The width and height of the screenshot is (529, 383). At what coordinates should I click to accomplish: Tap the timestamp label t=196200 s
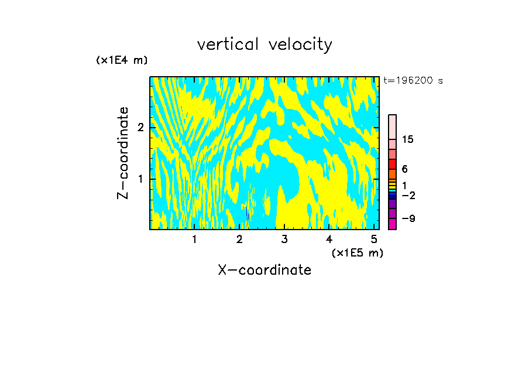(413, 81)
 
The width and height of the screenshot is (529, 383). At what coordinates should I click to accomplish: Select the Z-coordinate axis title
(123, 153)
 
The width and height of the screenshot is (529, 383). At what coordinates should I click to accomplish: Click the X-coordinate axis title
(264, 270)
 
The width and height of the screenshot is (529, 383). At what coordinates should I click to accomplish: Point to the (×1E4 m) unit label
(122, 60)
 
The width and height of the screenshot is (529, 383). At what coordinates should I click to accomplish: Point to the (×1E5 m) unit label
(357, 252)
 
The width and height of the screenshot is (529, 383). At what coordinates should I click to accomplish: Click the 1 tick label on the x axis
(195, 240)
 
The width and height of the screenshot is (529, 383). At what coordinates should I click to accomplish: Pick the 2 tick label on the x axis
(239, 240)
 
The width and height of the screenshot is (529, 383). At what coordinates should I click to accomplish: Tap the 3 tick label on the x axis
(284, 240)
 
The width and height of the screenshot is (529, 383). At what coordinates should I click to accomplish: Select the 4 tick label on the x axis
(329, 240)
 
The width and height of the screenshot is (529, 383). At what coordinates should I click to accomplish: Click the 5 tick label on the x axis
(374, 240)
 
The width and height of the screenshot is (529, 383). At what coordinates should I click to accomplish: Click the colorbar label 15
(408, 139)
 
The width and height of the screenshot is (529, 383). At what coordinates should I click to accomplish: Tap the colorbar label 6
(405, 169)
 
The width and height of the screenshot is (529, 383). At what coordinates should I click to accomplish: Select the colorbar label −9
(408, 219)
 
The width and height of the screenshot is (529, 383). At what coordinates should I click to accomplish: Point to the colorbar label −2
(408, 195)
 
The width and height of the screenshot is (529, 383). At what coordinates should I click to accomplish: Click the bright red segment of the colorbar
(392, 164)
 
